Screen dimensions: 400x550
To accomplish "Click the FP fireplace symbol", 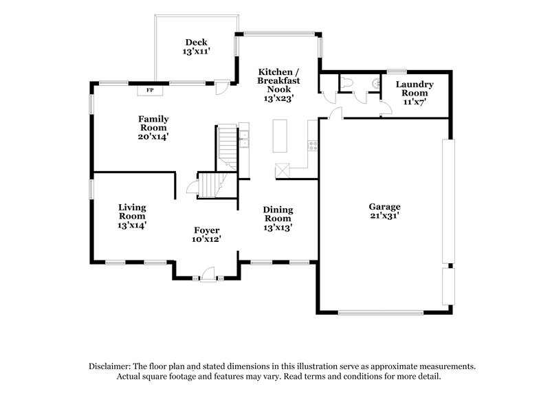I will coord(150,89).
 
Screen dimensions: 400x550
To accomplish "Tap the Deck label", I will coord(196,42).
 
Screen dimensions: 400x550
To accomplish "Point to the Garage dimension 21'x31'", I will coord(384,216).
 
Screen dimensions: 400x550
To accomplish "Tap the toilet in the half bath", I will coord(347,82).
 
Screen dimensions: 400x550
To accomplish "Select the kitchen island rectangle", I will coord(279,135).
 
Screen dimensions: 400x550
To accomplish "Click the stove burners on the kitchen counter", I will coord(312,145).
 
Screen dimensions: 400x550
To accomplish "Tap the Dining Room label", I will coord(278,214).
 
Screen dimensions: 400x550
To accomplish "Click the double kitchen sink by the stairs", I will coord(243,138).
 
